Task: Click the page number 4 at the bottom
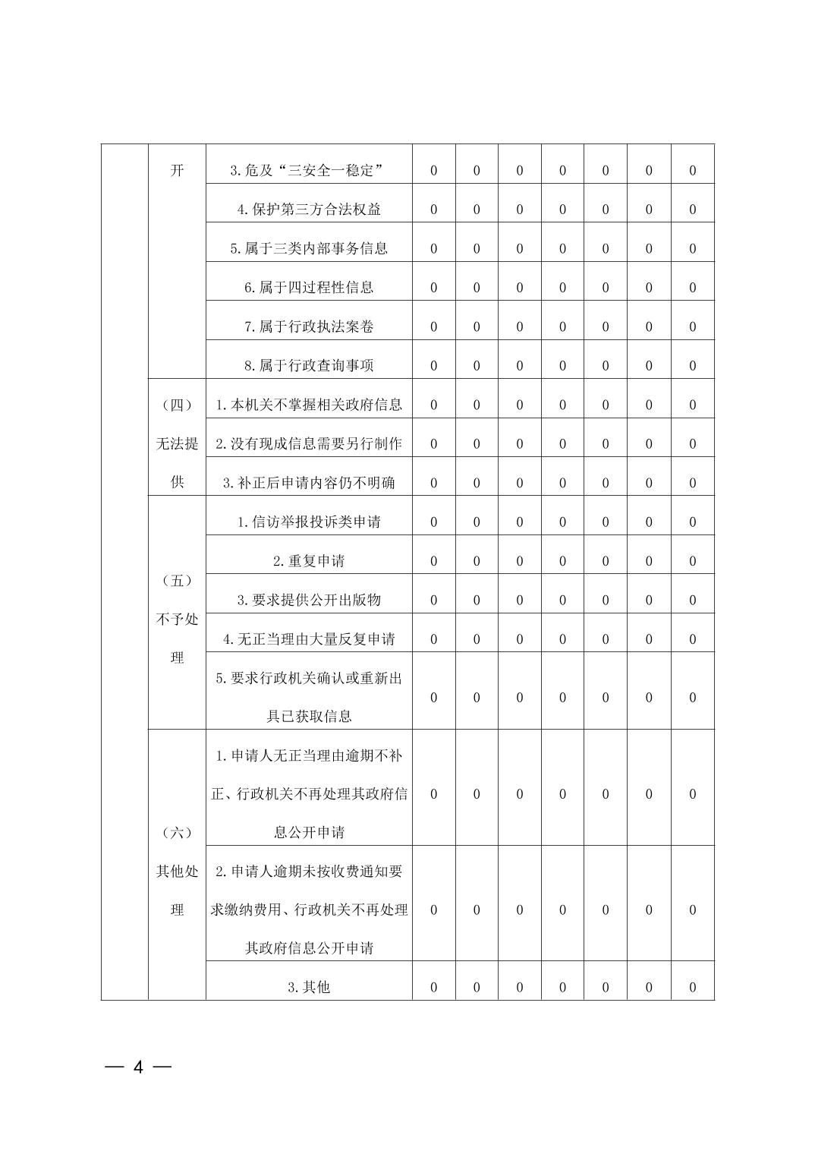(138, 1067)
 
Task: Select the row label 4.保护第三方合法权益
(308, 210)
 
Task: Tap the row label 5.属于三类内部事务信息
(308, 248)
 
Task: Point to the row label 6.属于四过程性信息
(308, 287)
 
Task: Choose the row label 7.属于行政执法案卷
(308, 326)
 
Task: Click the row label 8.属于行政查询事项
(308, 365)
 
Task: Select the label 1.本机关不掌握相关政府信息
(308, 405)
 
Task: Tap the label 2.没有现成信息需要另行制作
(308, 443)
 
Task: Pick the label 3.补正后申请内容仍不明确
(308, 483)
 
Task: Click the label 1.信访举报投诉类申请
(308, 522)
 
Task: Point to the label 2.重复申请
(308, 561)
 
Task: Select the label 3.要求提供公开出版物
(308, 600)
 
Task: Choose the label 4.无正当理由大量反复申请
(308, 639)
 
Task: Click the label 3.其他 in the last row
(308, 987)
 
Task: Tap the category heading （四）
(177, 405)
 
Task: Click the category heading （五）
(177, 581)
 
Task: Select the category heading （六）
(177, 833)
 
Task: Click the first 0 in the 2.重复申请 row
(433, 561)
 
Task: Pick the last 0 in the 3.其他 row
(692, 987)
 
